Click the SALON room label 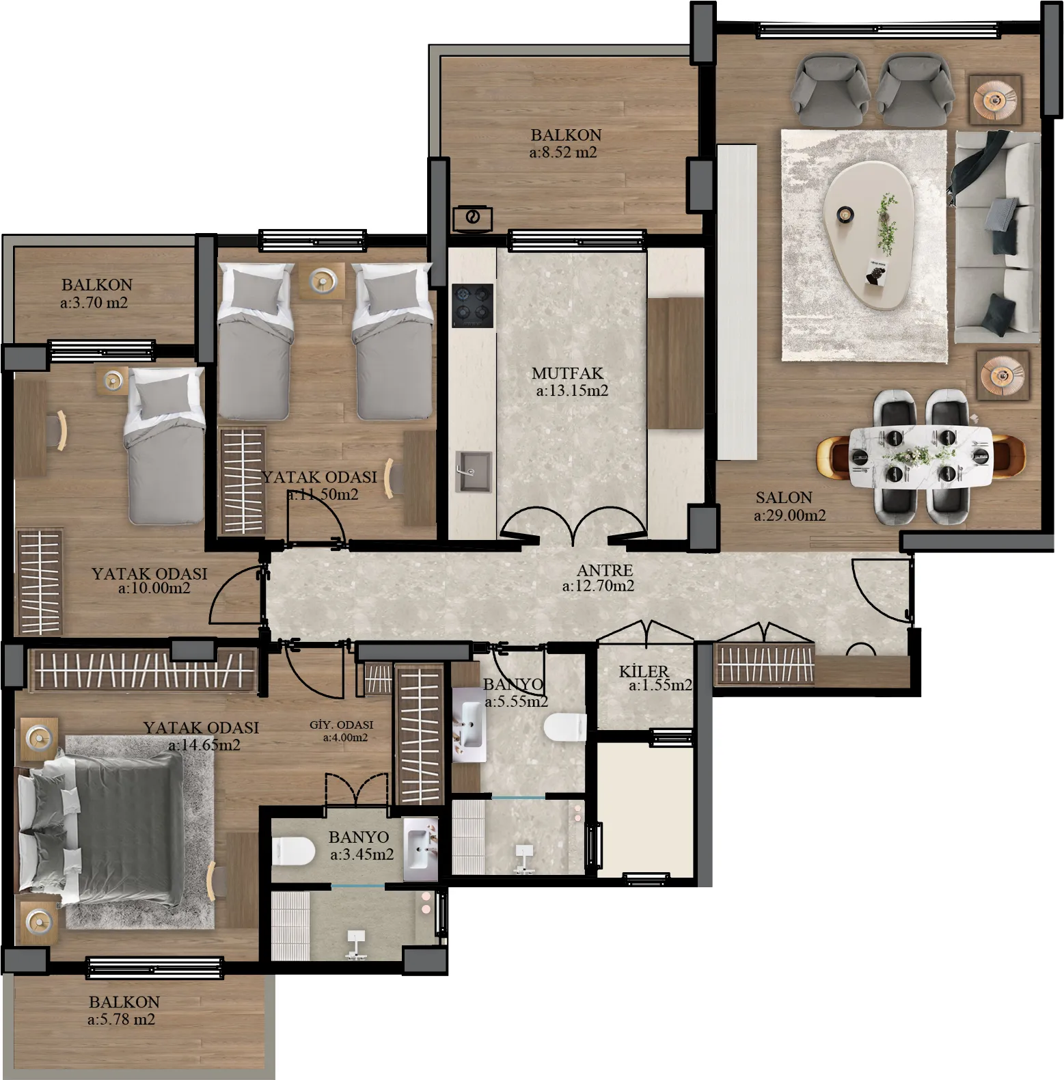point(784,498)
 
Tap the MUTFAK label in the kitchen point(568,373)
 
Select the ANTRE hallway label point(605,569)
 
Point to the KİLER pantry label point(644,671)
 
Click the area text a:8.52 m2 point(563,152)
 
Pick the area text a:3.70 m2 point(94,302)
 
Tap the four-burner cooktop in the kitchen point(473,305)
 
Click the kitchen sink point(473,471)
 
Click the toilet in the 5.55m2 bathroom point(566,727)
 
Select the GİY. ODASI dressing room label point(342,725)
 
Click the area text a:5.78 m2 point(122,1019)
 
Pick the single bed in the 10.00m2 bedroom point(164,446)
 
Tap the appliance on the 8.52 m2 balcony point(472,218)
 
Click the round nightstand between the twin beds point(321,280)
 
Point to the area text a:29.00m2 point(790,515)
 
